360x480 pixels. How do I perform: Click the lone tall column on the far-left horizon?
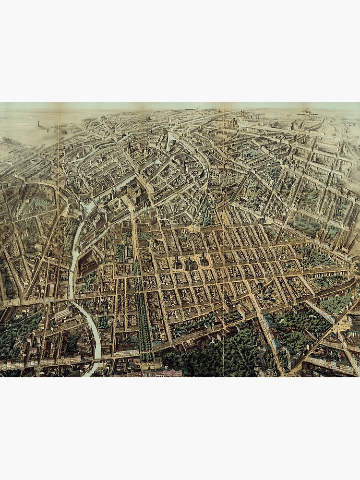point(38,123)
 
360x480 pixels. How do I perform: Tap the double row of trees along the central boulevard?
point(142,317)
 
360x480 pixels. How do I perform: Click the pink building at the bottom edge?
point(168,372)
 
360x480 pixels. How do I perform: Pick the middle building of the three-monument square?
point(191,264)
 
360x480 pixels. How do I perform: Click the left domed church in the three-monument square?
point(177,262)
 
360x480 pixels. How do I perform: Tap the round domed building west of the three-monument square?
point(155,244)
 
